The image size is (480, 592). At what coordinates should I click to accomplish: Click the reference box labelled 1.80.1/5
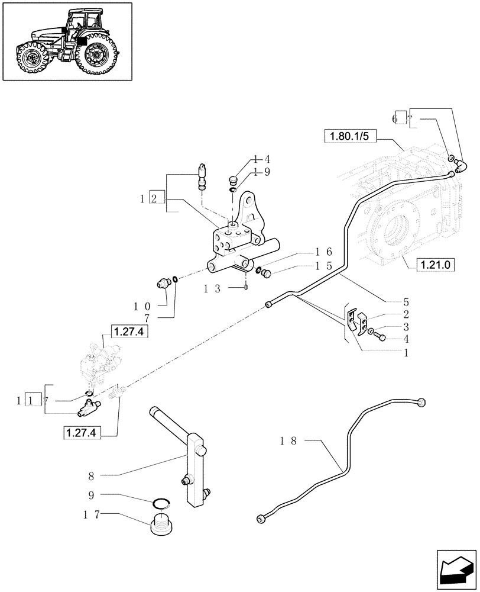click(x=349, y=137)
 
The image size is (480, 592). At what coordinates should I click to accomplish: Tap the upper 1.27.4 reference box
click(x=128, y=332)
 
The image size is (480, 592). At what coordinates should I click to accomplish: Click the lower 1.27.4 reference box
click(x=82, y=433)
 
